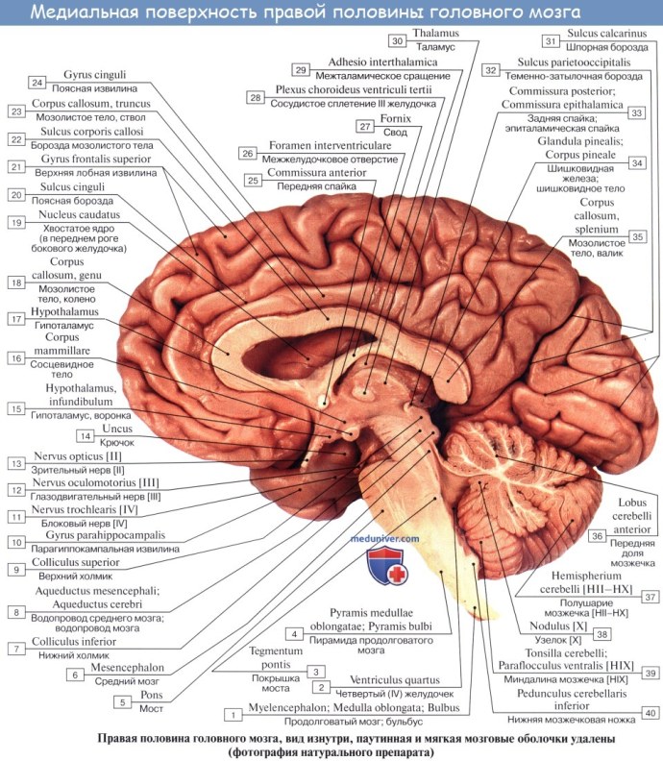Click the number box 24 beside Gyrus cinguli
(x=37, y=82)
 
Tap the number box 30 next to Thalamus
(x=397, y=41)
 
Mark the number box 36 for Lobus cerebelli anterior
(x=597, y=535)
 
